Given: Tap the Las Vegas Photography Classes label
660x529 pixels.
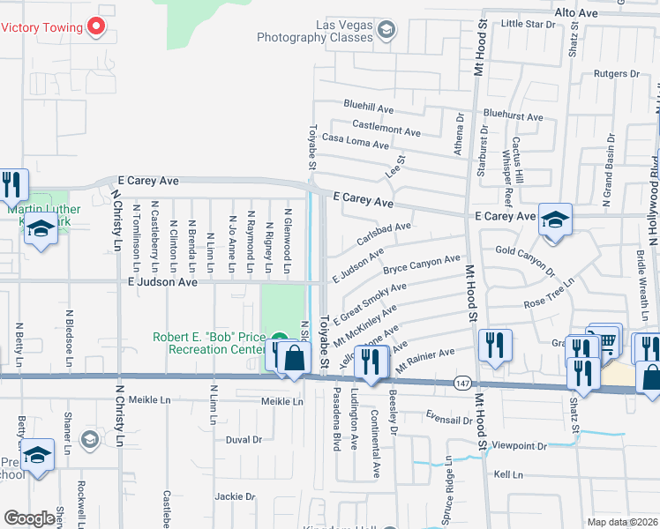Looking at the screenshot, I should (x=316, y=32).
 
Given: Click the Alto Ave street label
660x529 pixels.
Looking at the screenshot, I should (x=576, y=13).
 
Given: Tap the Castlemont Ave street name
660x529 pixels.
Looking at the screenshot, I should (x=386, y=130).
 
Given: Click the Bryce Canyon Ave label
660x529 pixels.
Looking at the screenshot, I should (x=421, y=263).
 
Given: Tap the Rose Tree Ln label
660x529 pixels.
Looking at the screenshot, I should (x=549, y=294).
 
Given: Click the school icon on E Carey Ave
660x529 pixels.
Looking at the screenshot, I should (x=555, y=220).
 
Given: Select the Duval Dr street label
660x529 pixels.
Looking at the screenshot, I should (x=244, y=439).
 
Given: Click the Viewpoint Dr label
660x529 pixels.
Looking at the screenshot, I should (x=526, y=446).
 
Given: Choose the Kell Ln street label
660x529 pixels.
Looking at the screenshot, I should (x=509, y=475).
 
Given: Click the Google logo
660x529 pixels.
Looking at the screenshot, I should (x=29, y=518).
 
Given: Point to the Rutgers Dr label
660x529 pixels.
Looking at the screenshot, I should (x=615, y=74).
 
